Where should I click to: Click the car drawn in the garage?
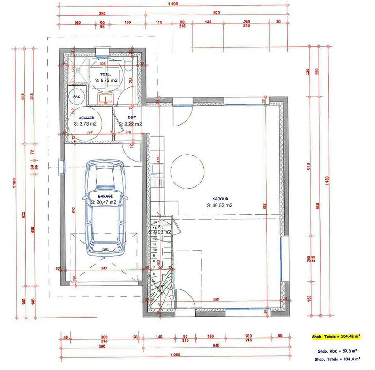click(106, 206)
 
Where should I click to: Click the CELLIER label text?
click(87, 118)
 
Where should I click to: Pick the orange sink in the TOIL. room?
click(106, 98)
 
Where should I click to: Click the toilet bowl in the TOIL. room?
click(129, 66)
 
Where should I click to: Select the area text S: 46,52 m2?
click(220, 205)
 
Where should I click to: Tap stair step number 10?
click(154, 250)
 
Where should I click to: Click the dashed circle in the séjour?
click(187, 170)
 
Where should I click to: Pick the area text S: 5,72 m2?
click(106, 81)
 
